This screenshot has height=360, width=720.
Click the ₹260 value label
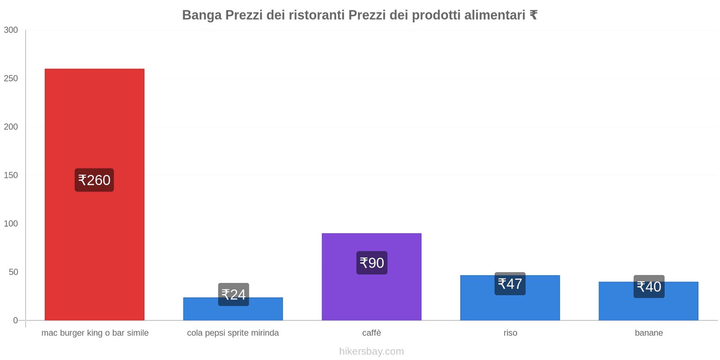coord(94,180)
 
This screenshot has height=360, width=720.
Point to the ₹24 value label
coord(234,294)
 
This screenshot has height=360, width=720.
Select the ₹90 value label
coord(372,263)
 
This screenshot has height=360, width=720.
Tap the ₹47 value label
coord(510,283)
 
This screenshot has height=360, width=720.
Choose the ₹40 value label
coord(649,287)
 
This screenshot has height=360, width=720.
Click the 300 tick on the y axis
coord(11,30)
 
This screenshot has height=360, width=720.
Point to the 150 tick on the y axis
coord(11,175)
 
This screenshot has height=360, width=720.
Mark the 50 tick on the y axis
coord(13,272)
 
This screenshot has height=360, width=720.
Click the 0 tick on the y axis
coord(15,320)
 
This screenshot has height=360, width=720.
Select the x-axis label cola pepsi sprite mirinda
coord(233,333)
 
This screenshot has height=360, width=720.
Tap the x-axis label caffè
coord(372,333)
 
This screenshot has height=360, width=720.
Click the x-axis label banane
coord(648,333)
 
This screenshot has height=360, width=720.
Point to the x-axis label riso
coord(510,333)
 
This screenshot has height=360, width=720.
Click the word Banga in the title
coord(202,15)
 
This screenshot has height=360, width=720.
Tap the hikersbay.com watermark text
coord(372,351)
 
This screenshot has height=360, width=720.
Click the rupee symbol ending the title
coord(533,15)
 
